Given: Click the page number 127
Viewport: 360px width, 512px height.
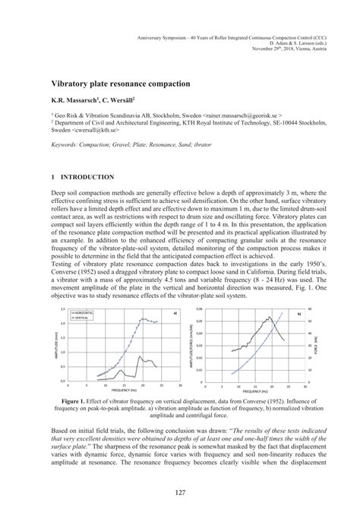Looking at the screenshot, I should click(x=179, y=494).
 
